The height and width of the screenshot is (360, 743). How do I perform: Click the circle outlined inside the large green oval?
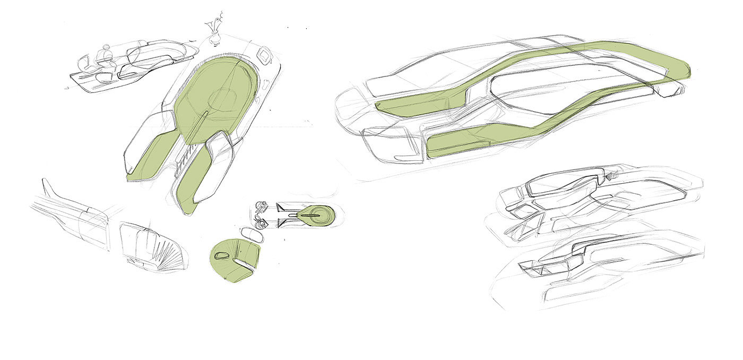225,99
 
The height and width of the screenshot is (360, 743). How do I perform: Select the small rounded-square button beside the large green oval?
263,54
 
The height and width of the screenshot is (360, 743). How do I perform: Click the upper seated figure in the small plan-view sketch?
260,208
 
